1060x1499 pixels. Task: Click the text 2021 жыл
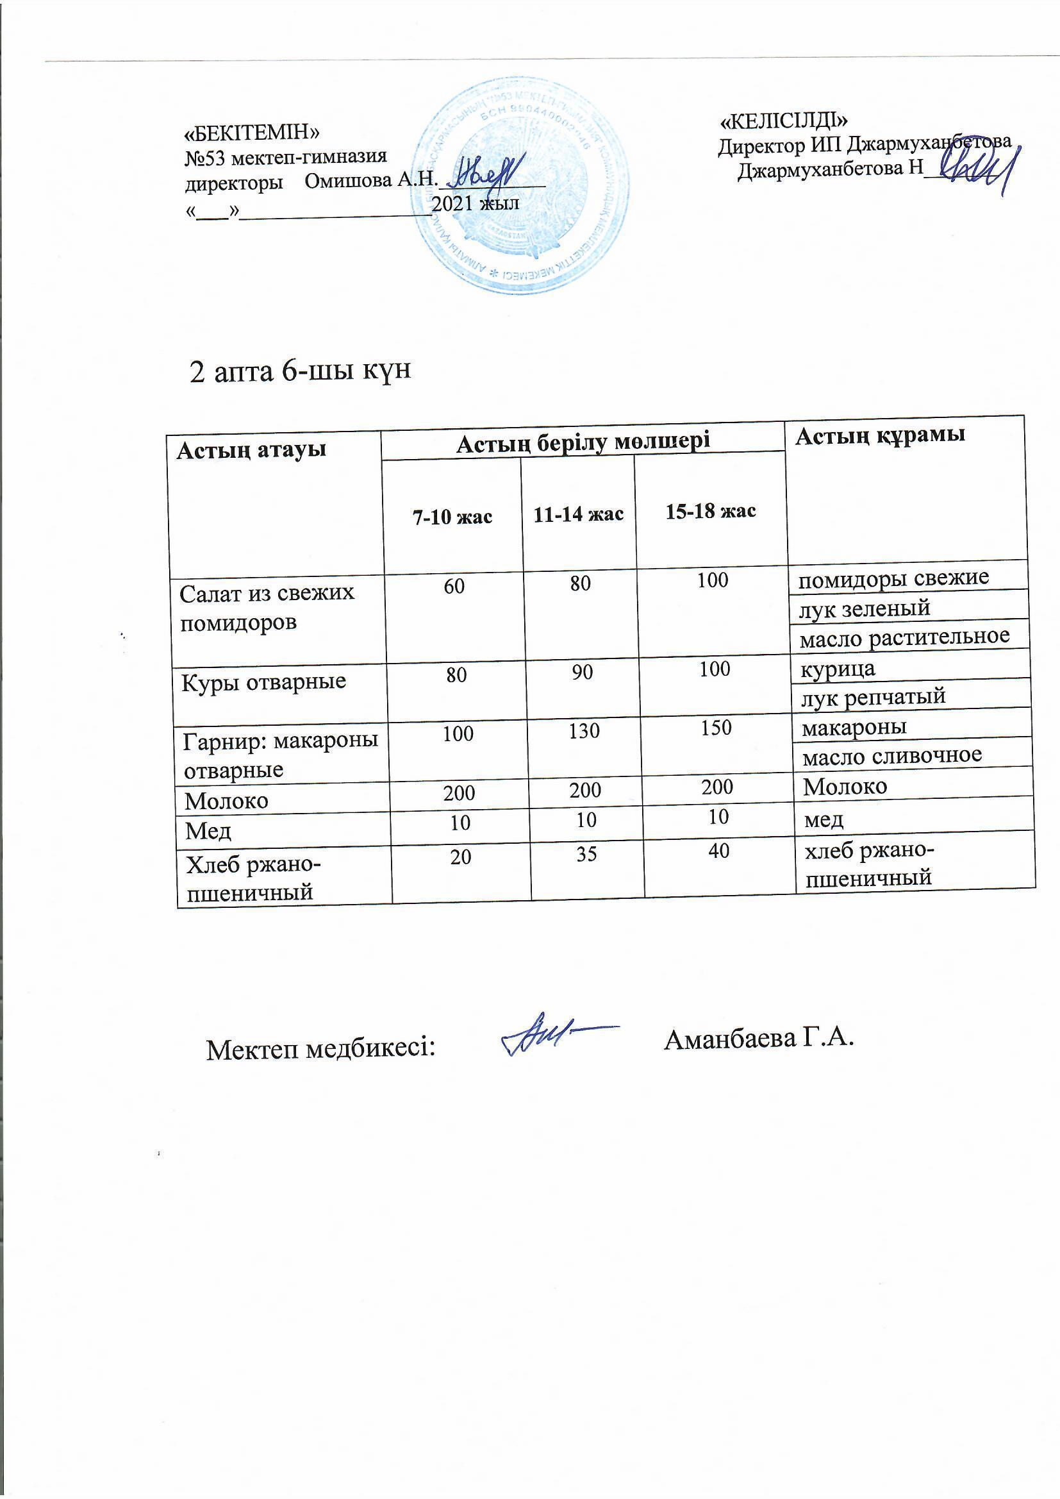[476, 203]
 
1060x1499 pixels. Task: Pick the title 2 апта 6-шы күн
[300, 371]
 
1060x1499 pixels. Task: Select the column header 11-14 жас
[578, 514]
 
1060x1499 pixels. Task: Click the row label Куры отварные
[263, 682]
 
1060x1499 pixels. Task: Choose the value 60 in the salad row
[454, 585]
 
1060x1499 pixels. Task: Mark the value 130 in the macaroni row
[584, 730]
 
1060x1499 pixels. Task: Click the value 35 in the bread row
[587, 853]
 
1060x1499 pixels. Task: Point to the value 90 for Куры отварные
[582, 672]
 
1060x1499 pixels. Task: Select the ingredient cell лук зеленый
[864, 608]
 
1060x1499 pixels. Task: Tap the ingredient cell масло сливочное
[891, 755]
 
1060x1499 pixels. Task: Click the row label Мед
[208, 830]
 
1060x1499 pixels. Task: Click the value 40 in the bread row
[718, 850]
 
